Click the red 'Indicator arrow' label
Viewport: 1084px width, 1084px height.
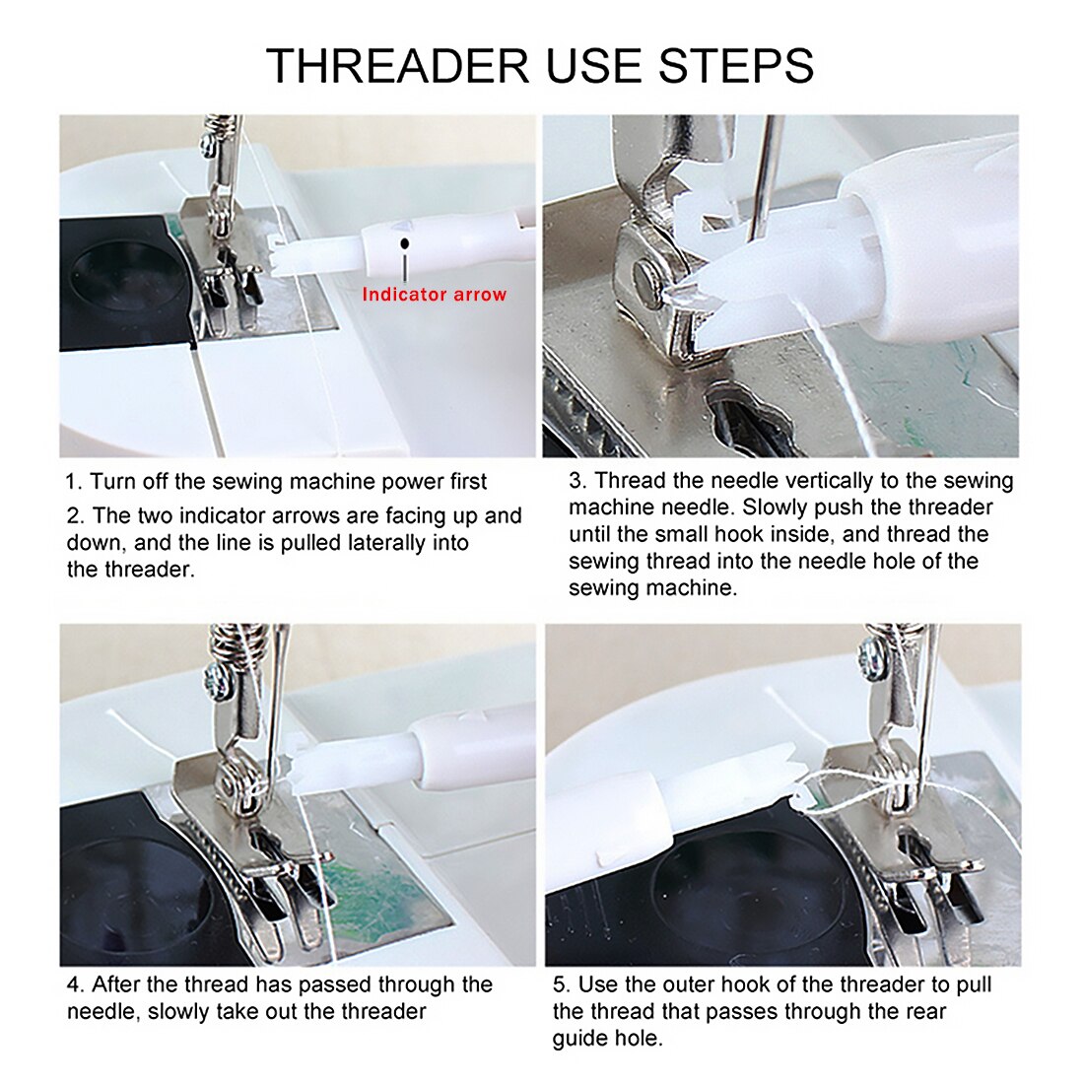tap(434, 294)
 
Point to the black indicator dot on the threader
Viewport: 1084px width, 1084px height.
tap(404, 242)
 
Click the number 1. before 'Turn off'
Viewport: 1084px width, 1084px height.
tap(74, 482)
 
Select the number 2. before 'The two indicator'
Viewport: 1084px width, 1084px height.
tap(76, 515)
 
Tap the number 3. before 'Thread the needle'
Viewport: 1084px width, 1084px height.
tap(577, 481)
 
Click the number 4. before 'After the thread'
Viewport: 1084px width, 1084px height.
tap(76, 984)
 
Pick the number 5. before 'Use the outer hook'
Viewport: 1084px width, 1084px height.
tap(562, 984)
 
